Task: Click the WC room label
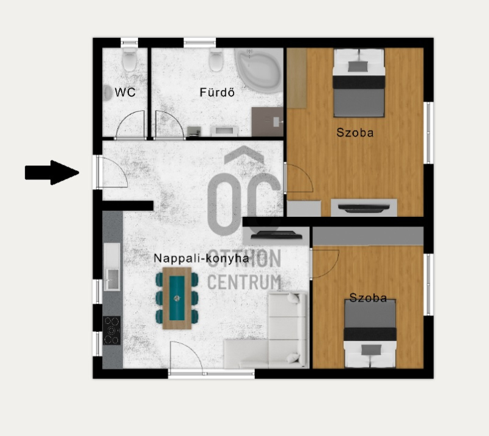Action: tap(125, 92)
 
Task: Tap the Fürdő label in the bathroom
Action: tap(217, 92)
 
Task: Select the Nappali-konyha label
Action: tap(202, 258)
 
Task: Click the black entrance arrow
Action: tap(52, 173)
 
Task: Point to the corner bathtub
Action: tap(259, 70)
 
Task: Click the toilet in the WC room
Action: tap(130, 59)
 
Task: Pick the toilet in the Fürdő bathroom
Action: tap(216, 59)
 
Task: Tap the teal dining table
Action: tap(177, 298)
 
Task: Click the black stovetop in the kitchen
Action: tap(112, 331)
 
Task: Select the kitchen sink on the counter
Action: tap(112, 279)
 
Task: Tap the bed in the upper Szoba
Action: tap(359, 83)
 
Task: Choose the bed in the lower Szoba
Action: tap(370, 334)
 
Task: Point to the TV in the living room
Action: tap(276, 235)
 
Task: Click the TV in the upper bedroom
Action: tap(364, 208)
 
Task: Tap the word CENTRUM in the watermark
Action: tap(244, 282)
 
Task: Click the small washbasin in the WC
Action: tap(108, 92)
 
